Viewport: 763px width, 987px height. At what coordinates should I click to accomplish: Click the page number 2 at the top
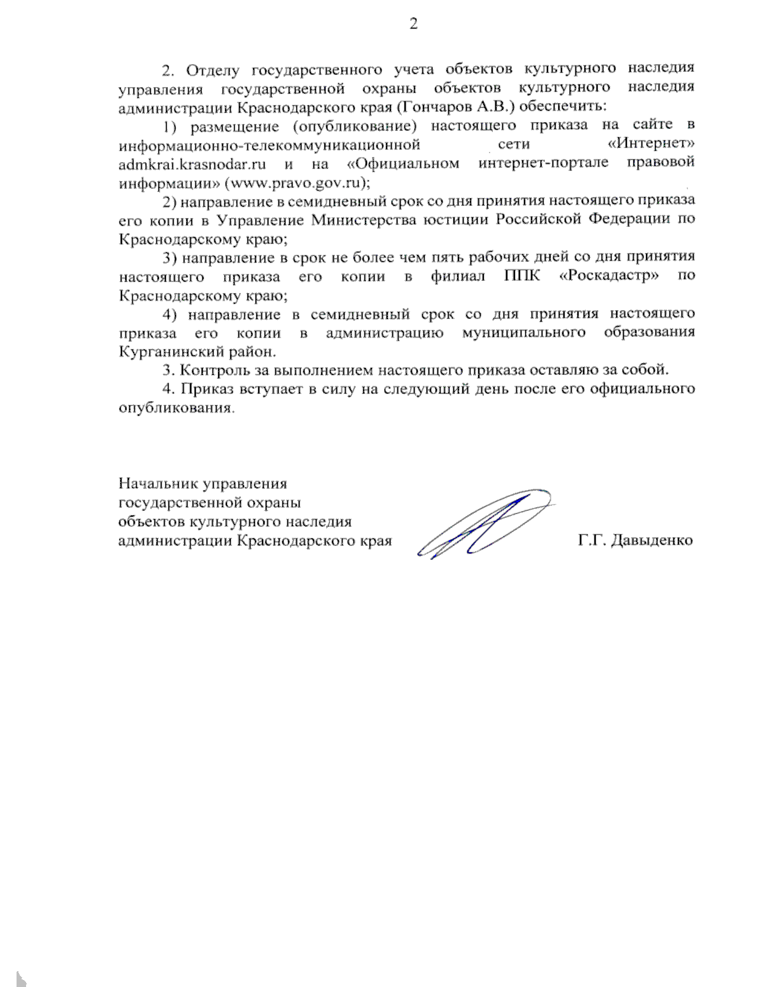413,24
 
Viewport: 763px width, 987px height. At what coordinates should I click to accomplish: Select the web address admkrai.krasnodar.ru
191,163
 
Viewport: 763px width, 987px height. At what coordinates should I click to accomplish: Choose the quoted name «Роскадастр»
609,276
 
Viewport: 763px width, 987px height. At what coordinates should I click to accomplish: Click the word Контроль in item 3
214,370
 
